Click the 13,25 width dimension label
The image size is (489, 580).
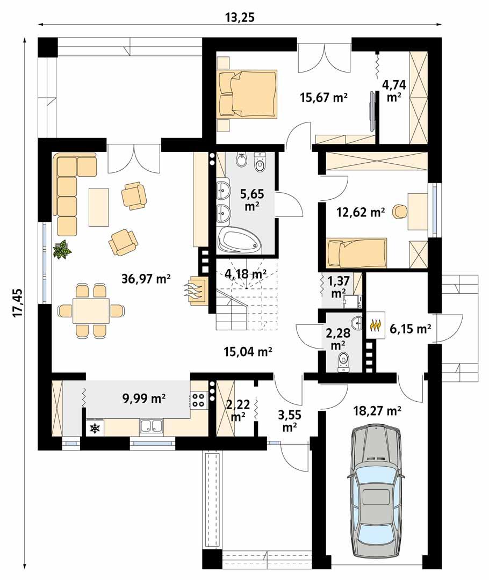pyautogui.click(x=240, y=17)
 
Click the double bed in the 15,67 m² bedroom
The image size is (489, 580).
pyautogui.click(x=247, y=93)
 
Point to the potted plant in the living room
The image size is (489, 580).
pyautogui.click(x=62, y=250)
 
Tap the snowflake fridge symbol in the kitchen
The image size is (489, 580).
pyautogui.click(x=95, y=427)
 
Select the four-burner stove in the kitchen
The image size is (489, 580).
pyautogui.click(x=198, y=399)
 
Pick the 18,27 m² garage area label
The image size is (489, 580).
pyautogui.click(x=378, y=411)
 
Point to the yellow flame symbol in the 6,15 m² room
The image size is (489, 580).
pyautogui.click(x=376, y=325)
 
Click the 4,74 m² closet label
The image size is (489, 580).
pyautogui.click(x=394, y=90)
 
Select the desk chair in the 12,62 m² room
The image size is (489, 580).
pyautogui.click(x=399, y=212)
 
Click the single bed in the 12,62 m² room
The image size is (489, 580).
pyautogui.click(x=357, y=253)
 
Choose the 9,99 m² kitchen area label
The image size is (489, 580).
pyautogui.click(x=143, y=398)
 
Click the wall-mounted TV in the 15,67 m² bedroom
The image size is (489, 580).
pyautogui.click(x=371, y=111)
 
